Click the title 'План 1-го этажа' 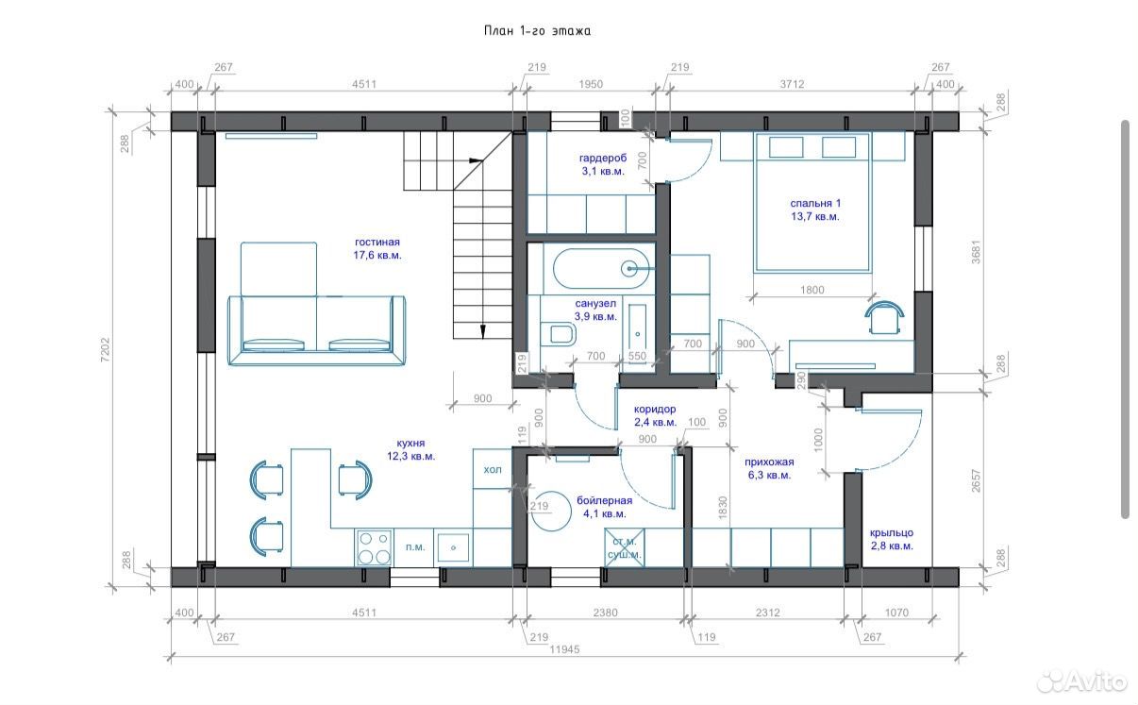(537, 31)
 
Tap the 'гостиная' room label (377, 243)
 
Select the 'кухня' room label (410, 444)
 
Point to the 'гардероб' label (603, 158)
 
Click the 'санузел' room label (595, 304)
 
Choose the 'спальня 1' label (815, 203)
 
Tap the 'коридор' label (655, 410)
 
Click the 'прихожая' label (769, 462)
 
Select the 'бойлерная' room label (604, 500)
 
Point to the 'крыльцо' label (892, 532)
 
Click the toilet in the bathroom (558, 334)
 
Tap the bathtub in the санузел (601, 268)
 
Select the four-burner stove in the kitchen (375, 547)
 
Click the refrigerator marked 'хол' (492, 469)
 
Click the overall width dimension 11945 (564, 649)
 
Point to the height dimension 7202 (105, 349)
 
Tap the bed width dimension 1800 (812, 290)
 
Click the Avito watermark (1081, 681)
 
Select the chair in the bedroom (884, 318)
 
